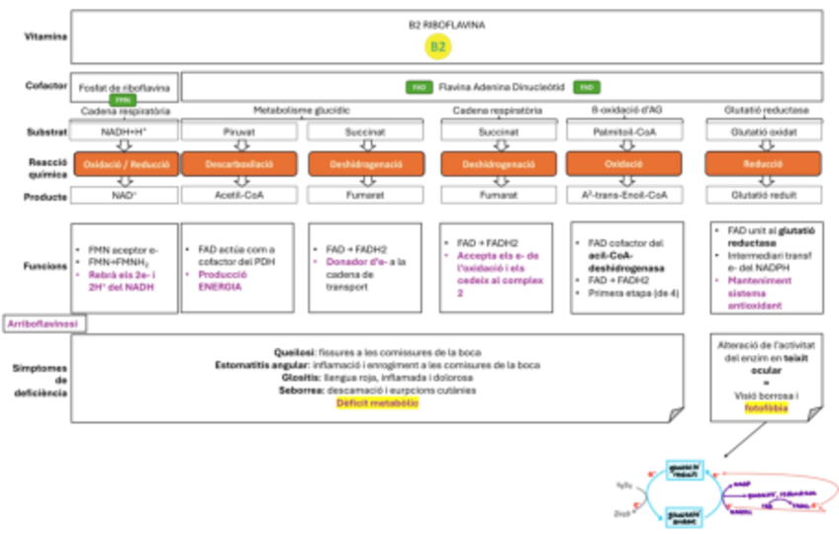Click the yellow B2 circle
coord(438,46)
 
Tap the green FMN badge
coord(123,100)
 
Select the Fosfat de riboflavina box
coord(124,88)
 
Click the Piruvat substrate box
coord(233,131)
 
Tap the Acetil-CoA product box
coord(233,196)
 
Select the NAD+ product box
coord(126,196)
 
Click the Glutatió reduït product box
coord(763,196)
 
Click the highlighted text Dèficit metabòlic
coord(375,401)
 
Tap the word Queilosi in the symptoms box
coord(294,351)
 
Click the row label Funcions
coord(45,265)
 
